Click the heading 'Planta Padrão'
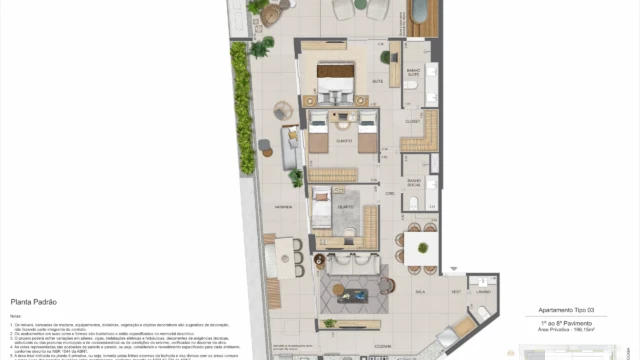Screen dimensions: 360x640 click(32, 300)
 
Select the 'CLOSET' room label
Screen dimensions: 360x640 click(411, 122)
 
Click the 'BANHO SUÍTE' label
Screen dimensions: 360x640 click(411, 73)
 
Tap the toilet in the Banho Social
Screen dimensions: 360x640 click(414, 204)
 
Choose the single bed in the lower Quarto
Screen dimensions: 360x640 click(322, 212)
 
